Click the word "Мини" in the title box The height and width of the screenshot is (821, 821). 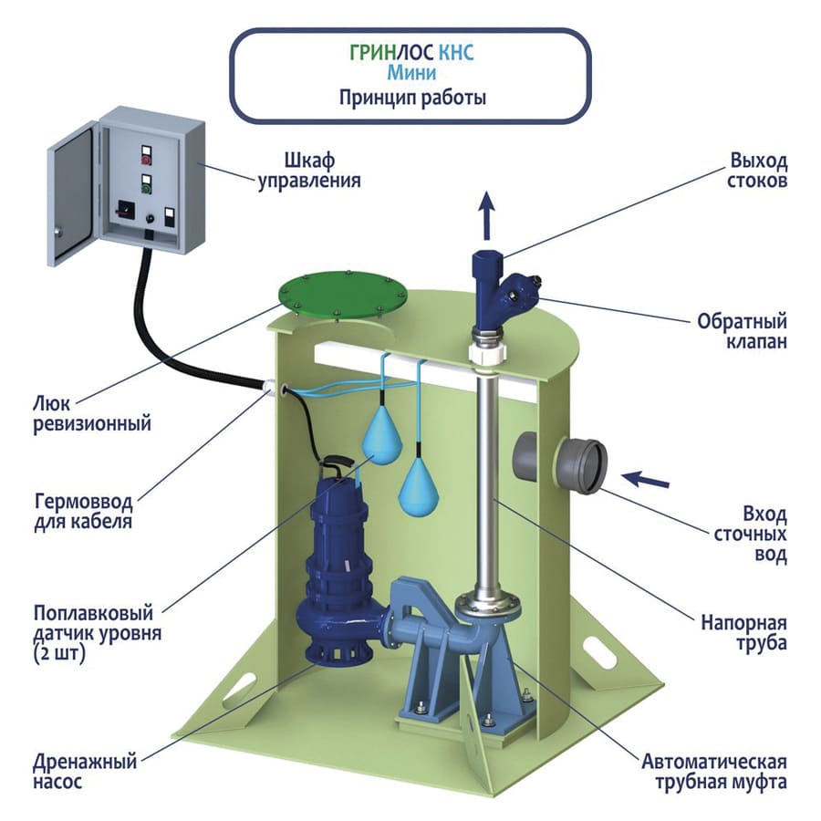click(x=412, y=71)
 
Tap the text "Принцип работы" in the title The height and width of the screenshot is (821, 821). click(x=412, y=97)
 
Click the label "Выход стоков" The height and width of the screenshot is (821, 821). click(x=757, y=171)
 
